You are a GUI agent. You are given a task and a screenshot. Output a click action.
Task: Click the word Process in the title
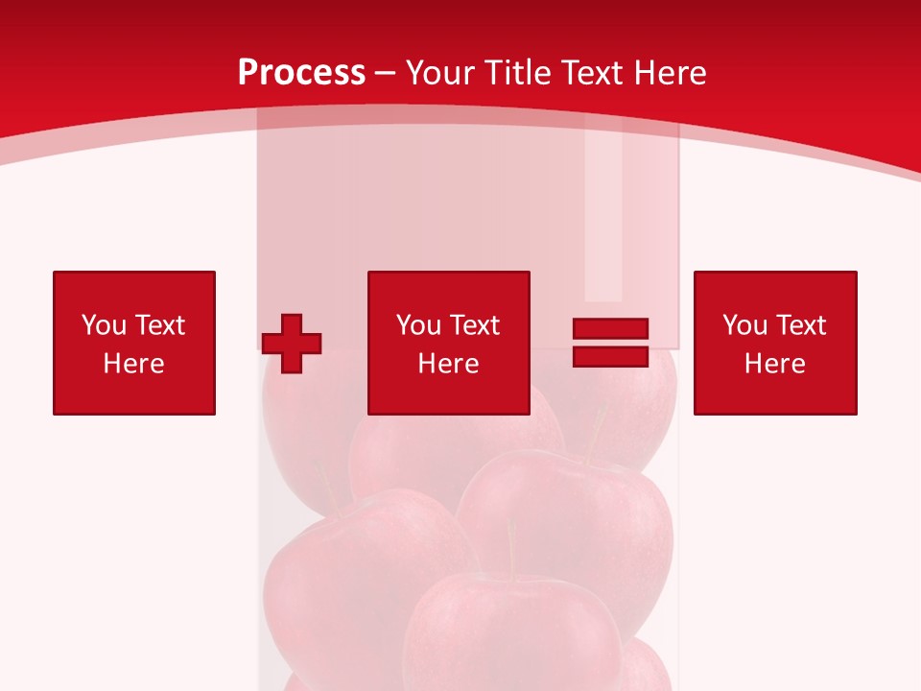[x=301, y=73]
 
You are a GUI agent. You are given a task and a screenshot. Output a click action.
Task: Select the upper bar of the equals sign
[x=610, y=329]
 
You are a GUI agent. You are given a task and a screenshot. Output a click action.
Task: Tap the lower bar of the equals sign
[x=610, y=356]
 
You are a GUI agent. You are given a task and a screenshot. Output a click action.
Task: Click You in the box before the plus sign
[x=104, y=325]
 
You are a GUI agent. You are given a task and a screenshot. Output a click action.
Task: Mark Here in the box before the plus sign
[x=133, y=364]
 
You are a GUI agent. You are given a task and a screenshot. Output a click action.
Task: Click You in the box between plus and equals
[x=418, y=325]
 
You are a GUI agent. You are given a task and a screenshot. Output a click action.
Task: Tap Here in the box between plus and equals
[x=448, y=364]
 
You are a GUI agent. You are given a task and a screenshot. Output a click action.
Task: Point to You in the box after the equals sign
[x=744, y=325]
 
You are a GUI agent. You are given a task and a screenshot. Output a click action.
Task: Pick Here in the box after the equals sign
[x=774, y=364]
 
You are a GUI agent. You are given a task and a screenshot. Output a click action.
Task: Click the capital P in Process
[x=248, y=73]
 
